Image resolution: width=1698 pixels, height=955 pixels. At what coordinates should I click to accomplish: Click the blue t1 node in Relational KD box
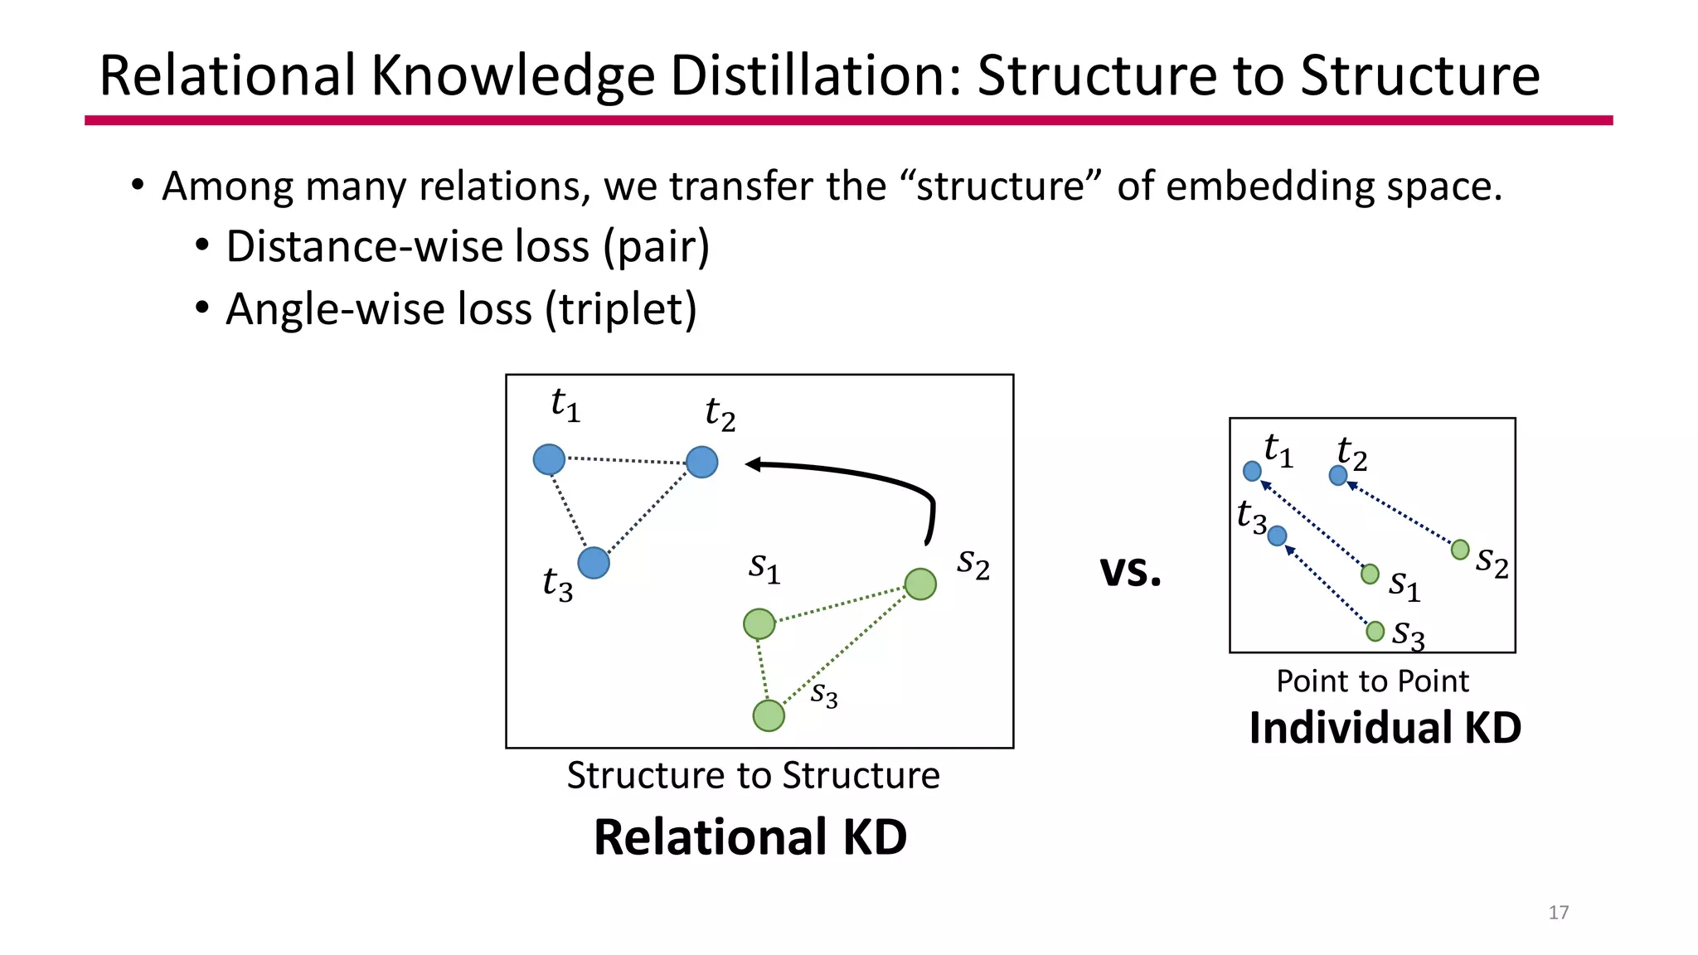pos(549,459)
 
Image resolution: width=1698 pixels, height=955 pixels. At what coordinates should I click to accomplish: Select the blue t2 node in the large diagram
pos(702,462)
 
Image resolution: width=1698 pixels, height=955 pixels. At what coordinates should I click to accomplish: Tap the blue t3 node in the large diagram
pos(594,563)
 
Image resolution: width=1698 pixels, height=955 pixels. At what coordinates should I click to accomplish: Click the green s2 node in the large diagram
pos(920,584)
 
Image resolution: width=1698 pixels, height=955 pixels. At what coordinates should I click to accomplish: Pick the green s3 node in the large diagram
pos(769,715)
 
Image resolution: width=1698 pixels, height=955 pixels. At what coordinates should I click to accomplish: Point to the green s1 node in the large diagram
pos(759,623)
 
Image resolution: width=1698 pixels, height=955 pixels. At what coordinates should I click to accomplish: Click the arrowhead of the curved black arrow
pos(753,464)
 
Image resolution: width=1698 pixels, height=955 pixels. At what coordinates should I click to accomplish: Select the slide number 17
pos(1558,913)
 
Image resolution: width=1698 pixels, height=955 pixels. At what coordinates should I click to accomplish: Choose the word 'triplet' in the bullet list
pos(621,309)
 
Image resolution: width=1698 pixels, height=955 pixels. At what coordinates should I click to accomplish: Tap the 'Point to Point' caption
pos(1372,681)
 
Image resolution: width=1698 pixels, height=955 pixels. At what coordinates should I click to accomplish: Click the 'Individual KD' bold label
pos(1385,728)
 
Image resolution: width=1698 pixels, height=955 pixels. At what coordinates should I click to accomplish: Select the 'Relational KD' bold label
pos(750,837)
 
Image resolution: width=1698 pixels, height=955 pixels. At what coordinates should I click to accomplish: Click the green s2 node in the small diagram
pos(1460,550)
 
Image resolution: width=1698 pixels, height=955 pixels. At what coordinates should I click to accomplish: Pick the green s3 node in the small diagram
pos(1375,632)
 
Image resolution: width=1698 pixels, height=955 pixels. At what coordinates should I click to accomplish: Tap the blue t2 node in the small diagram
pos(1337,475)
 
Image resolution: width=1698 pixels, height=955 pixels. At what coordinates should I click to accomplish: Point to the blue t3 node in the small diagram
pos(1278,536)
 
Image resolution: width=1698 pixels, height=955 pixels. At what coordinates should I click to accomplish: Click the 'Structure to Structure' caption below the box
pos(753,776)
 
